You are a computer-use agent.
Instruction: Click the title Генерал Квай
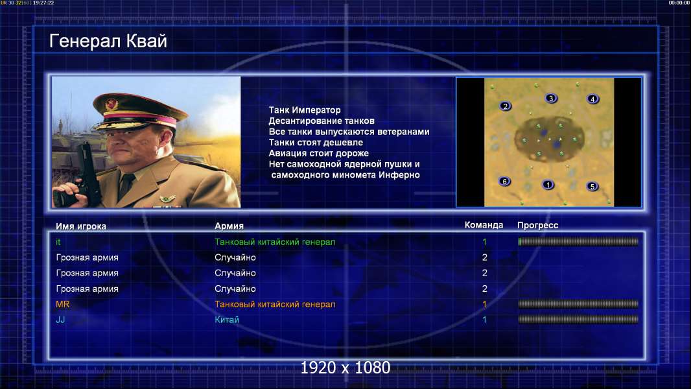tap(108, 41)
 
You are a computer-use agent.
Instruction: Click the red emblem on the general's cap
tap(111, 104)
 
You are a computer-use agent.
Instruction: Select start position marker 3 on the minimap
tap(550, 99)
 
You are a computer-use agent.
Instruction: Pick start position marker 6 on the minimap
tap(504, 181)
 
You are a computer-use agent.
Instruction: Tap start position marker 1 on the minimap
tap(548, 185)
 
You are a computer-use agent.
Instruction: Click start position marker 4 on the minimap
tap(592, 99)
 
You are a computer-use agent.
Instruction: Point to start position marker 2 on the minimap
tap(506, 106)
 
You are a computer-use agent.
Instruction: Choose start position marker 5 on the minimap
tap(592, 186)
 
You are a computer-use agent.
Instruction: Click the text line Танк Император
tap(305, 110)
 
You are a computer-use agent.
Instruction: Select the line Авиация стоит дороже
tap(319, 153)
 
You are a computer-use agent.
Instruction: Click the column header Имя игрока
tap(80, 226)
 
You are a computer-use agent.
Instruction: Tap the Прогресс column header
tap(537, 226)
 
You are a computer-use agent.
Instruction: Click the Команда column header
tap(484, 225)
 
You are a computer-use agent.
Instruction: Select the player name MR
tap(63, 305)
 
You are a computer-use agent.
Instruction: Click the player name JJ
tap(60, 320)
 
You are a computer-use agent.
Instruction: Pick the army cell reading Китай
tap(226, 320)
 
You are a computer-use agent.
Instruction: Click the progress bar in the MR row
tap(578, 304)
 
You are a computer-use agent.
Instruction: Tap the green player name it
tap(58, 242)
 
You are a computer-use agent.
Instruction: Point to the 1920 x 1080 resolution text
tap(345, 368)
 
